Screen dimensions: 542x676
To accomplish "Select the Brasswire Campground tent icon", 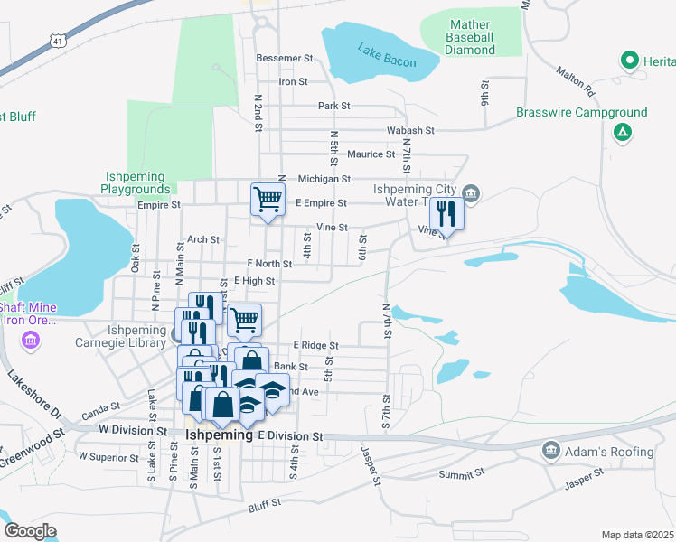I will (x=623, y=133).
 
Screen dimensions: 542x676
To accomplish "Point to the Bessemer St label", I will (x=284, y=58).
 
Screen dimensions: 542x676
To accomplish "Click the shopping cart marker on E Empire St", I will (x=268, y=199).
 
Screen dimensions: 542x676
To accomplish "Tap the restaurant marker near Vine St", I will (x=446, y=214).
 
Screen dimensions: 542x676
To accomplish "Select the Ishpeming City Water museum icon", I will (x=470, y=192).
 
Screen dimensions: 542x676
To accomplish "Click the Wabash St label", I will (x=411, y=130).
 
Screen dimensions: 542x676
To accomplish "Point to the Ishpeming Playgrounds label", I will (x=133, y=182).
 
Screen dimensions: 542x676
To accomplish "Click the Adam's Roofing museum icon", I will (x=550, y=450).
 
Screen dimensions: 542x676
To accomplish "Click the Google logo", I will (x=30, y=531).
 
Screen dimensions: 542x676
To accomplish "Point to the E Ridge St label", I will (x=315, y=345).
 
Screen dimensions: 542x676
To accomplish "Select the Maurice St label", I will (x=366, y=154).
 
